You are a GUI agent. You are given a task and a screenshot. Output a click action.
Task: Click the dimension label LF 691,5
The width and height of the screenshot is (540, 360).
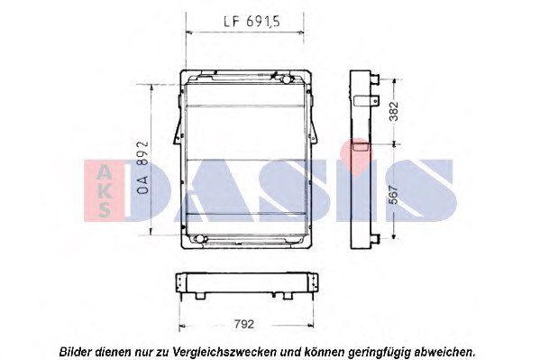[x=252, y=22]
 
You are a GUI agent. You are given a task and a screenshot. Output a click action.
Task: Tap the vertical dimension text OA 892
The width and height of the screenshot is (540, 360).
[x=142, y=167]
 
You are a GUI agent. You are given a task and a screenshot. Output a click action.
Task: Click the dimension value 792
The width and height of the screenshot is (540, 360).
[x=243, y=324]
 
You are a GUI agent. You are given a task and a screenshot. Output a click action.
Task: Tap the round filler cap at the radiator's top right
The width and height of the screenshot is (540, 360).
[x=286, y=79]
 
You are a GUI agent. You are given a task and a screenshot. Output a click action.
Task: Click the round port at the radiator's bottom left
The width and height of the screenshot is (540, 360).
[x=198, y=238]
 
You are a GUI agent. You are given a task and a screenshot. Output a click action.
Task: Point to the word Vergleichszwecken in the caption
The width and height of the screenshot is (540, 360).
[x=225, y=352]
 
